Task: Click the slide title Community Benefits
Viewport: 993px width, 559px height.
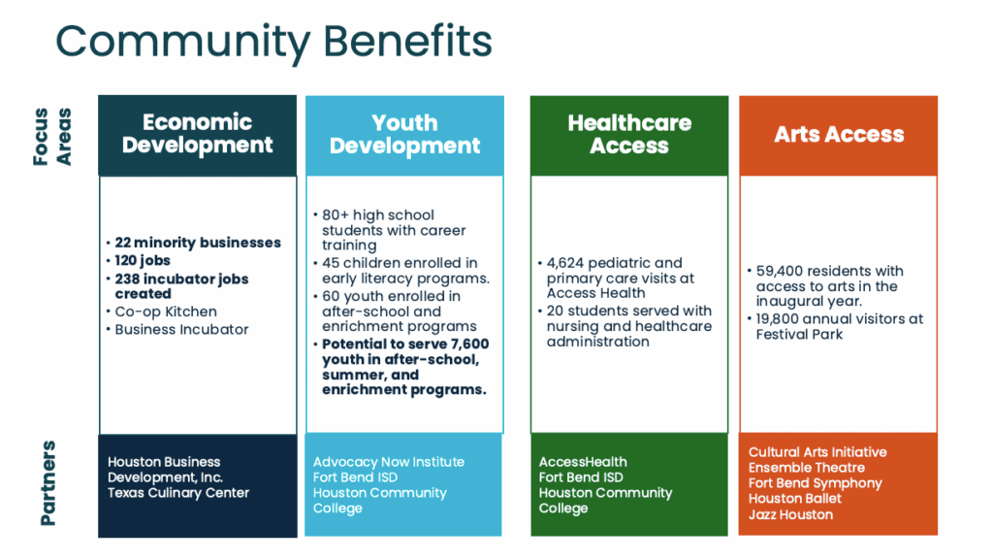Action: pos(273,42)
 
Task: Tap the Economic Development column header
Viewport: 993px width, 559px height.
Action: pos(198,135)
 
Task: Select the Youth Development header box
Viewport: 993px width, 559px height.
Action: pos(404,136)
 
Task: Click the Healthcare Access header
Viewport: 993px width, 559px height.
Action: pos(629,136)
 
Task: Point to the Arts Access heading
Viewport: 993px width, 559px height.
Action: pos(839,134)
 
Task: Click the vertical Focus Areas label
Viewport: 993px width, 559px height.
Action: pos(52,137)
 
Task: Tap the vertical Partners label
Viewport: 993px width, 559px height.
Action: pos(48,483)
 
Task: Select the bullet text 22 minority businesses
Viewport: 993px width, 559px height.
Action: pos(198,243)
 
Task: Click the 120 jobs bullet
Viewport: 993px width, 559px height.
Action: pos(143,260)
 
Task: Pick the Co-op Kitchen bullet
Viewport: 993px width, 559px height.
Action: pos(166,312)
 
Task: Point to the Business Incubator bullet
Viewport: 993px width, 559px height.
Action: pos(181,330)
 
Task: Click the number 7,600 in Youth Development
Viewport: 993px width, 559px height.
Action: pos(469,345)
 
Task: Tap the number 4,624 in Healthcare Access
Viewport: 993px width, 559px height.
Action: pos(565,263)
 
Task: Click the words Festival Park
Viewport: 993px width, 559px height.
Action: pos(799,335)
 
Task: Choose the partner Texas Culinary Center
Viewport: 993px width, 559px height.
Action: pos(178,492)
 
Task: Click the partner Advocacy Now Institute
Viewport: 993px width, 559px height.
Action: pos(389,462)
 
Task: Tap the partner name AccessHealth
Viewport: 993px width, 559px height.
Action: pos(583,462)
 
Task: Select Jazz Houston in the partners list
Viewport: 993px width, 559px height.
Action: pos(790,514)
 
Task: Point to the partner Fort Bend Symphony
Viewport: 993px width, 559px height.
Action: pos(815,483)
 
